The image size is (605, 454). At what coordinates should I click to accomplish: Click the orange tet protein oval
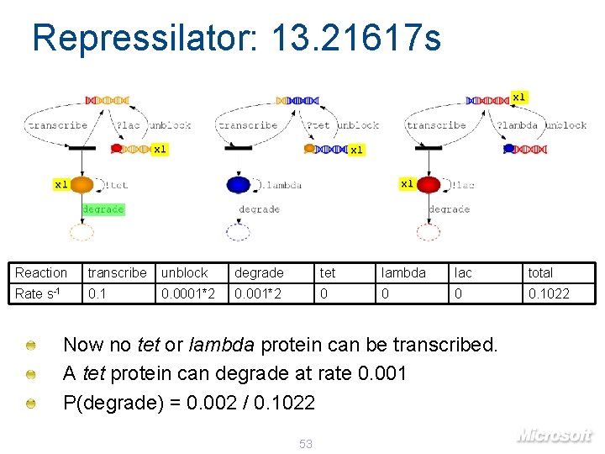(82, 185)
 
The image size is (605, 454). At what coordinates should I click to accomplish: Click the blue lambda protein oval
(238, 185)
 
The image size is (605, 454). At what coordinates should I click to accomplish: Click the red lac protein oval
(429, 185)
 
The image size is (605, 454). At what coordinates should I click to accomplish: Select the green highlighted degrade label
(103, 209)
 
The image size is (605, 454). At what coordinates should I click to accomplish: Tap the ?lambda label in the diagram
(517, 125)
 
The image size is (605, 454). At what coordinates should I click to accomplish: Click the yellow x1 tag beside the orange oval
(61, 183)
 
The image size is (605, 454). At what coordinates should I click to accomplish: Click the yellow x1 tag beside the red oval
(407, 183)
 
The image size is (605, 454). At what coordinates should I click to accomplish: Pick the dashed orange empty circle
(82, 232)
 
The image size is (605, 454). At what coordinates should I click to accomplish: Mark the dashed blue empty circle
(238, 232)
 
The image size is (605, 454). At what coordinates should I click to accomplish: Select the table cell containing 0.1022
(548, 293)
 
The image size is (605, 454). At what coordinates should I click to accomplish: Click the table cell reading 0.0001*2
(187, 293)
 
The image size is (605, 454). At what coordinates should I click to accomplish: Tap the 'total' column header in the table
(540, 272)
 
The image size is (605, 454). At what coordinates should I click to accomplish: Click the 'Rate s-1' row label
(37, 293)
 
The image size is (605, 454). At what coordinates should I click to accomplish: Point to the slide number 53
(306, 443)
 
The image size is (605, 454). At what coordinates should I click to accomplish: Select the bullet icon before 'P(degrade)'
(31, 404)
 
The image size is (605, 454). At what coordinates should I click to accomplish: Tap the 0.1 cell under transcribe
(97, 293)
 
